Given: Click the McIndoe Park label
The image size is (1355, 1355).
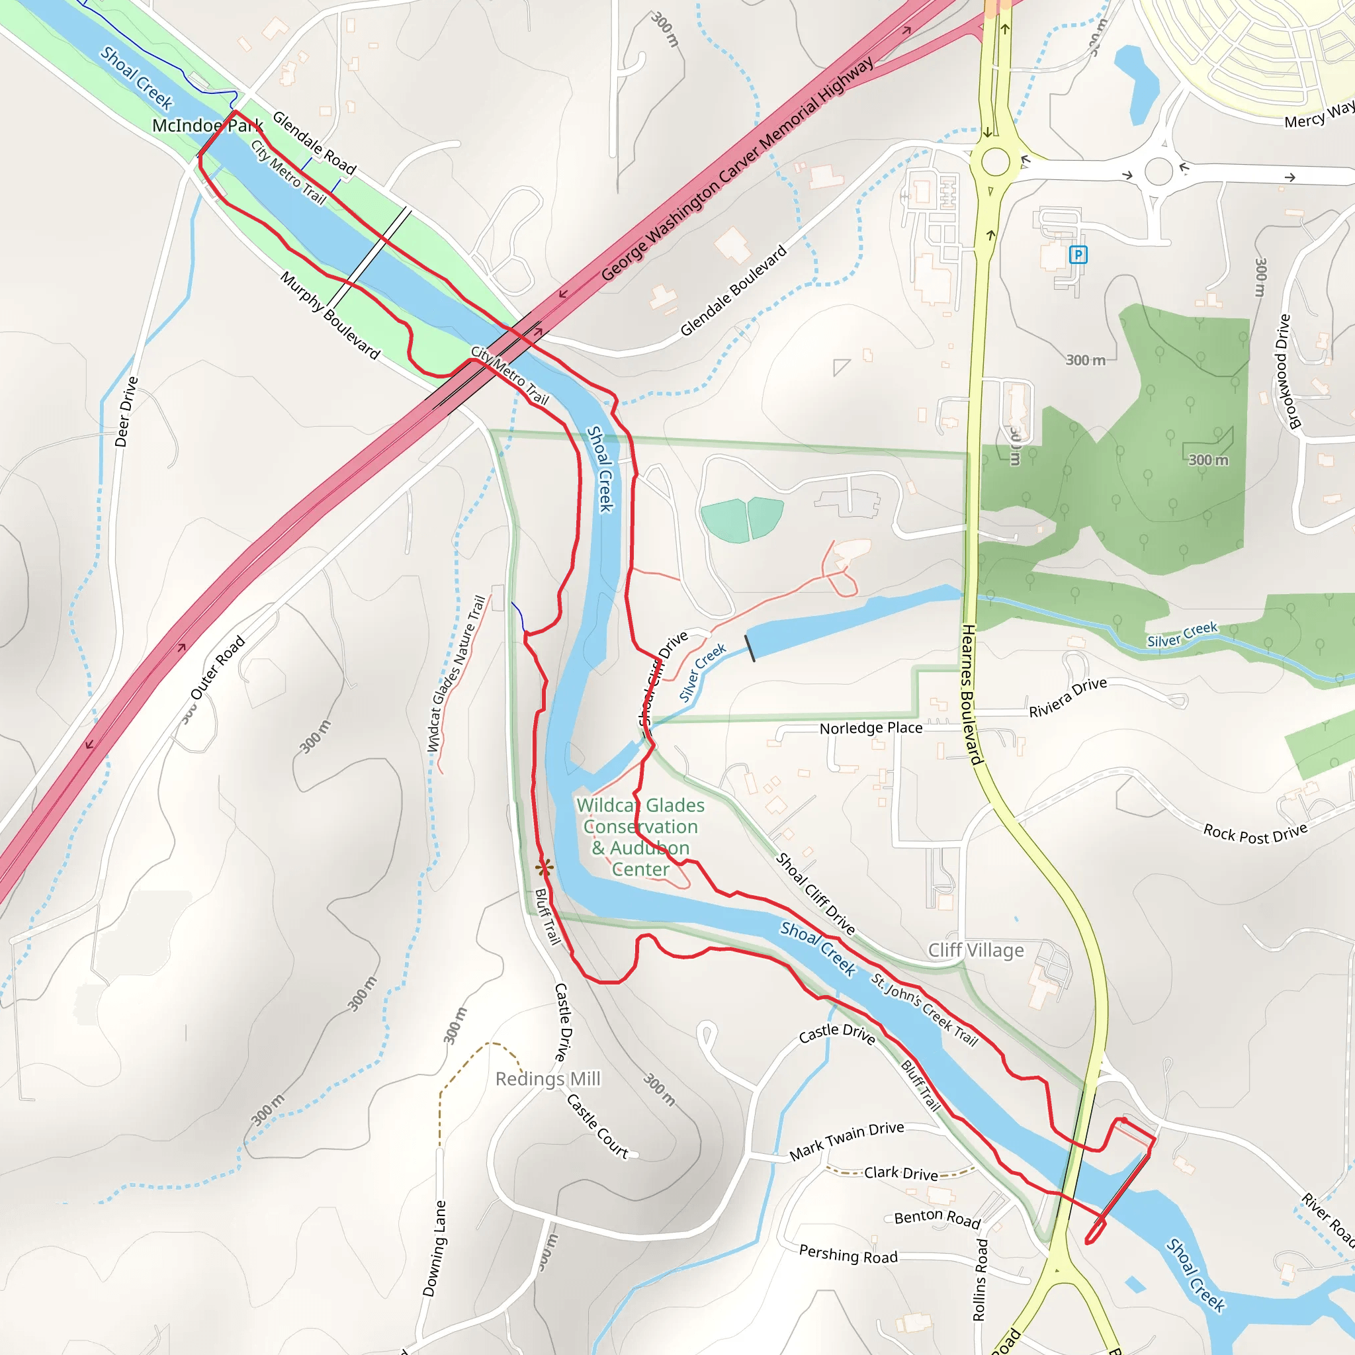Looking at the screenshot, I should click(x=208, y=126).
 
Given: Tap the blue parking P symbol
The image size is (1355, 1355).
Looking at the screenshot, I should click(x=1078, y=255).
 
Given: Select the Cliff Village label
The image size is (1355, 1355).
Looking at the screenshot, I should click(x=976, y=950).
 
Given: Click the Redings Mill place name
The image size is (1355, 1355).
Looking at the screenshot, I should click(x=548, y=1078).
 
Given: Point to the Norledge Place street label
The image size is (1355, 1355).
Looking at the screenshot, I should click(x=871, y=728).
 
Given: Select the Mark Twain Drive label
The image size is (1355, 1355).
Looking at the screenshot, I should click(x=846, y=1141).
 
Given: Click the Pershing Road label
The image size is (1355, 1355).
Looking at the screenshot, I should click(x=848, y=1254).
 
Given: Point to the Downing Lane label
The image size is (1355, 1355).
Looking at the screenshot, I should click(x=434, y=1248).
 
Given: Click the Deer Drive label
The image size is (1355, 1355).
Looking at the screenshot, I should click(x=127, y=412).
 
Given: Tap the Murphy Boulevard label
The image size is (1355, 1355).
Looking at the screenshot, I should click(x=329, y=316).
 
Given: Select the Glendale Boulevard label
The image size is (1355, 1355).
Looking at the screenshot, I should click(x=734, y=290).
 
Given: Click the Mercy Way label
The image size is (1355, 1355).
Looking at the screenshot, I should click(x=1319, y=116).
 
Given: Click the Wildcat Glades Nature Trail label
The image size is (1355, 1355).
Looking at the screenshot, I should click(x=457, y=674).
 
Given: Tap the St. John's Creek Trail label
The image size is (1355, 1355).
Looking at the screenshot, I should click(x=924, y=1009).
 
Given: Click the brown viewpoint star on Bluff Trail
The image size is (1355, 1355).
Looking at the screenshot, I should click(x=545, y=867).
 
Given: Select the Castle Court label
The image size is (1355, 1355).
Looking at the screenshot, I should click(x=597, y=1125).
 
